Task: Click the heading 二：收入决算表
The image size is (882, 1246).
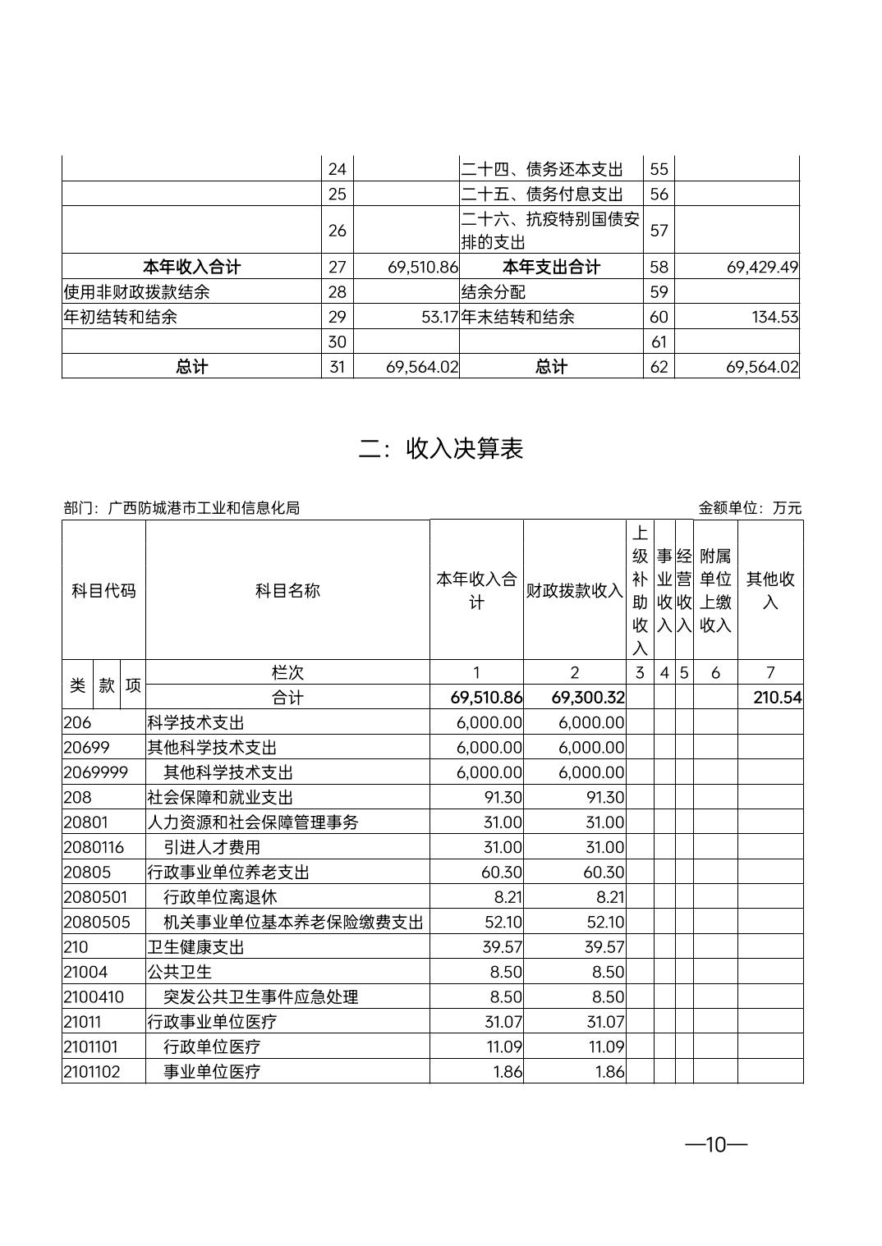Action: (441, 448)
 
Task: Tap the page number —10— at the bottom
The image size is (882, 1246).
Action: (716, 1144)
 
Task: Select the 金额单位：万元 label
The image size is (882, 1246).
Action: (749, 507)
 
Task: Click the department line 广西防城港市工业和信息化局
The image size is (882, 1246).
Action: (181, 507)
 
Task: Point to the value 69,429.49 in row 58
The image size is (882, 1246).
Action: (762, 267)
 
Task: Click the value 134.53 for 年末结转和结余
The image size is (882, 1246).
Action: (774, 317)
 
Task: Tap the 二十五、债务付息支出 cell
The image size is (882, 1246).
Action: (541, 194)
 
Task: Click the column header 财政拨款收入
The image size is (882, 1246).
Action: (574, 590)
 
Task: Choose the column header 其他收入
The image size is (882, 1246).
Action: (769, 590)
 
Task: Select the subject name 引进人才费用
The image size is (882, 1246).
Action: (212, 847)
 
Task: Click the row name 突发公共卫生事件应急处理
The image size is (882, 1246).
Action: (261, 996)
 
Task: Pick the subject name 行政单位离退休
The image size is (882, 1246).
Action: (220, 897)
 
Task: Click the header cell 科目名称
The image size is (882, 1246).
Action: (287, 590)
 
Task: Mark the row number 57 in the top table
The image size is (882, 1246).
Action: (659, 230)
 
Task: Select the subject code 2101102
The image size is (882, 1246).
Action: (92, 1071)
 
